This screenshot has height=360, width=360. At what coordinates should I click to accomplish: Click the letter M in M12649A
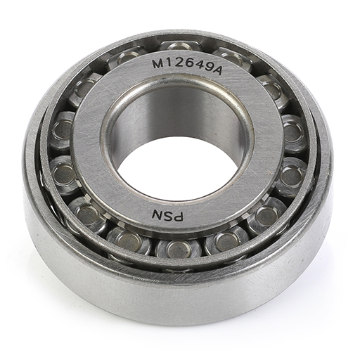[157, 63]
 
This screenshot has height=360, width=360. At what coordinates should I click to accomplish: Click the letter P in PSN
[178, 217]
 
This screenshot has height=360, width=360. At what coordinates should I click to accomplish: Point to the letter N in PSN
[157, 214]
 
